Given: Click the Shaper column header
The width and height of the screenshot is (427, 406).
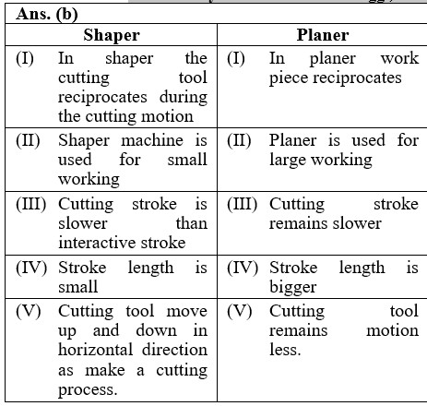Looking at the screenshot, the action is click(x=112, y=35).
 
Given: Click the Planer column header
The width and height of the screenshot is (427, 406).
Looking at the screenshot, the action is click(x=323, y=35).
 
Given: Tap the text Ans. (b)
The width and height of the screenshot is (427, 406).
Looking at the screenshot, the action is click(x=47, y=15).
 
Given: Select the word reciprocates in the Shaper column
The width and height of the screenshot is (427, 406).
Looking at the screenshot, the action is click(x=102, y=98).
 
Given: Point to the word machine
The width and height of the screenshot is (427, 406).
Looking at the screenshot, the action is click(x=152, y=140).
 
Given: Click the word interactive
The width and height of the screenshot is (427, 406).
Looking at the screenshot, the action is click(x=98, y=243).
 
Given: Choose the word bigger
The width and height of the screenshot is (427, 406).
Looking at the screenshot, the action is click(x=292, y=288).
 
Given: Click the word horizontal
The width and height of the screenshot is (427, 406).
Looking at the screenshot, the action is click(x=96, y=350).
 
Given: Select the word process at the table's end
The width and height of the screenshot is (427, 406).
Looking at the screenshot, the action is click(x=88, y=390).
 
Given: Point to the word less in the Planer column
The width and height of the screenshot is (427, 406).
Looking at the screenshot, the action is click(x=285, y=350).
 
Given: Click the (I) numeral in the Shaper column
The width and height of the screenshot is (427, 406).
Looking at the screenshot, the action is click(x=25, y=58).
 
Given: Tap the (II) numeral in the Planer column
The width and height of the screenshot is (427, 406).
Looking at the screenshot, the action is click(x=239, y=141).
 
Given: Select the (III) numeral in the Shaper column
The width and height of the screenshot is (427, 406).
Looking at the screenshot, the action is click(x=30, y=204).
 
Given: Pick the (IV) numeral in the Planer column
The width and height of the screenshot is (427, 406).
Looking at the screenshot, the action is click(x=243, y=269).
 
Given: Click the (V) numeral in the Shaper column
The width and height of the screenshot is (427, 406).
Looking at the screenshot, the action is click(x=29, y=311).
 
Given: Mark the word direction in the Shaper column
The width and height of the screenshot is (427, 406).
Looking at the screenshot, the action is click(x=174, y=350).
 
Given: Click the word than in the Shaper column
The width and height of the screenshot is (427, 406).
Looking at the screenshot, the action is click(x=192, y=223).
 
